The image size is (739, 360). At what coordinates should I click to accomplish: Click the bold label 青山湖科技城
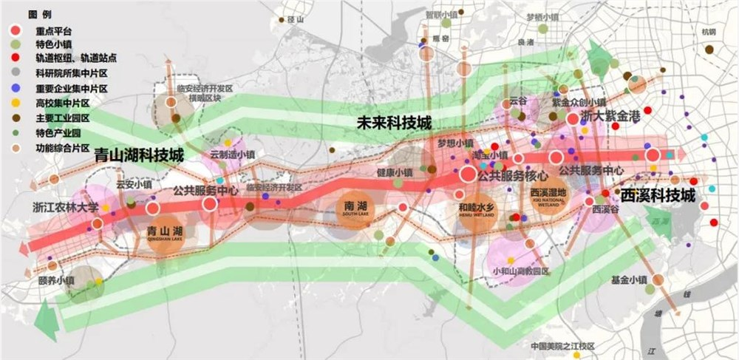coord(137,156)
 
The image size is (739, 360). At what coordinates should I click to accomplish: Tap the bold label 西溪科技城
coord(658,196)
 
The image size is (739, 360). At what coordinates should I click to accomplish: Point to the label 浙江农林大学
coord(65,206)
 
